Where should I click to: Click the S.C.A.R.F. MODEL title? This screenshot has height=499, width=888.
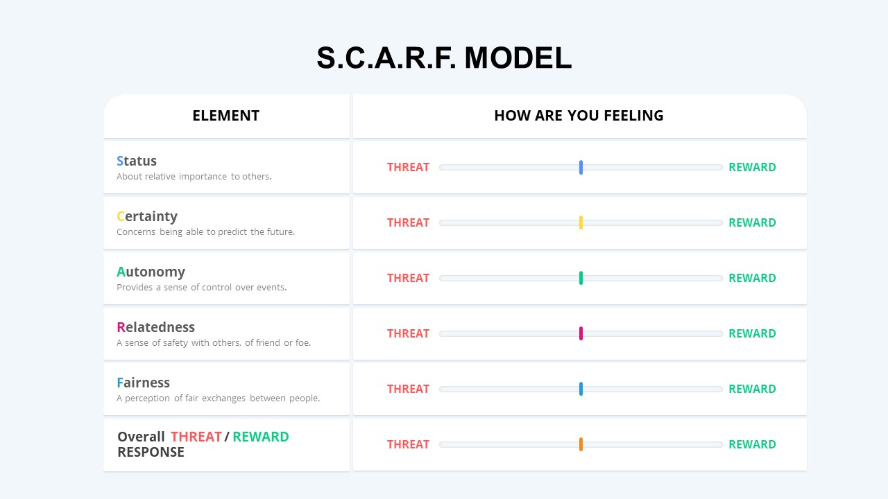click(x=444, y=58)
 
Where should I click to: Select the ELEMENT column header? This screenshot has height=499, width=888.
click(x=225, y=116)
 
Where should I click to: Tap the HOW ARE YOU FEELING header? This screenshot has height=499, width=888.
click(x=579, y=116)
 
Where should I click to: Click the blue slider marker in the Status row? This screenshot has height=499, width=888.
click(x=581, y=167)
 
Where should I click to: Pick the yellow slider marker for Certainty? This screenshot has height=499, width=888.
click(x=581, y=222)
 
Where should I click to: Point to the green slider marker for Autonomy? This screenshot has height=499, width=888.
click(x=581, y=278)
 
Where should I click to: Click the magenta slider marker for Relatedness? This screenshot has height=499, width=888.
click(x=581, y=333)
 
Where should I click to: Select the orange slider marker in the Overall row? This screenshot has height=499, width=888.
click(x=581, y=444)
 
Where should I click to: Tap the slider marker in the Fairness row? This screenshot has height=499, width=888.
click(x=581, y=389)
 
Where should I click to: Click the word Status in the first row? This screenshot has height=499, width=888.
click(x=137, y=161)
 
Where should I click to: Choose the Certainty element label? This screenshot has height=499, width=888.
click(x=147, y=216)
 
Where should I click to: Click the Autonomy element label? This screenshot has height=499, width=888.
click(x=151, y=272)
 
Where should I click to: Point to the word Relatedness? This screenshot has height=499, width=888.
click(x=155, y=327)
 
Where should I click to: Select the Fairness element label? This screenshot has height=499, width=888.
click(x=143, y=383)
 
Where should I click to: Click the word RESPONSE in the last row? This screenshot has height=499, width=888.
click(x=151, y=452)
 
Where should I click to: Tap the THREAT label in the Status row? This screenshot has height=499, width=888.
click(x=408, y=167)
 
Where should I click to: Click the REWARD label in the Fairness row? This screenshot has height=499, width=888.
click(x=752, y=389)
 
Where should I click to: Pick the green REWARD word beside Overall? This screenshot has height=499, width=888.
click(x=260, y=437)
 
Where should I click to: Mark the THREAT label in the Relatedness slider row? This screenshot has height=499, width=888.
click(x=408, y=333)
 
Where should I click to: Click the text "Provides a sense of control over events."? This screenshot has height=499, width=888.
click(x=201, y=288)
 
